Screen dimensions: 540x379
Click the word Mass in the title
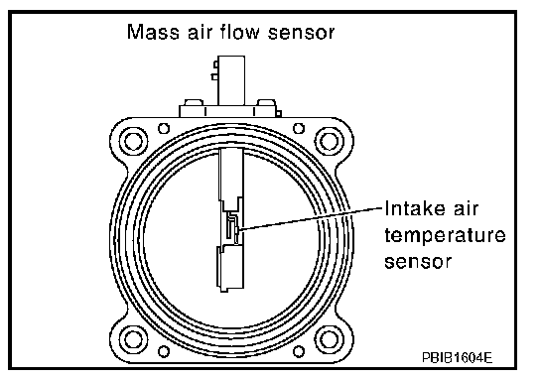(153, 32)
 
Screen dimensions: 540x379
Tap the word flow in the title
(239, 32)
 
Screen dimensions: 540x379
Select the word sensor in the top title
(301, 33)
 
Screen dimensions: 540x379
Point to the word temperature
(445, 237)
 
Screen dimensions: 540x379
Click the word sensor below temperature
(418, 262)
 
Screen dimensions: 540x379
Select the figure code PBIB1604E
(457, 357)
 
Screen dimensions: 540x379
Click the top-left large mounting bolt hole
(134, 142)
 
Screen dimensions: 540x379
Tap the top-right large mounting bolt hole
(330, 142)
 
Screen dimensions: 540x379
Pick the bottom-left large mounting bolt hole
(134, 339)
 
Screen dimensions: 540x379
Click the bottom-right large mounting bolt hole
(330, 339)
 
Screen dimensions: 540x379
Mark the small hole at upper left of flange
(164, 128)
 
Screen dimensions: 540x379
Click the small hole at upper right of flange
(299, 128)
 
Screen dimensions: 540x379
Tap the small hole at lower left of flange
(164, 351)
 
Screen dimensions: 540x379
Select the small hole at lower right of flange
(299, 351)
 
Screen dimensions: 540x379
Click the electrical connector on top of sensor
(230, 80)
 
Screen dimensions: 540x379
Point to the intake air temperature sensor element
(232, 228)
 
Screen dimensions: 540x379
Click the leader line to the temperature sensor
(311, 218)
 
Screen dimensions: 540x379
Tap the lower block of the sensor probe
(230, 268)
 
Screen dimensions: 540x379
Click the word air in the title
(200, 32)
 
